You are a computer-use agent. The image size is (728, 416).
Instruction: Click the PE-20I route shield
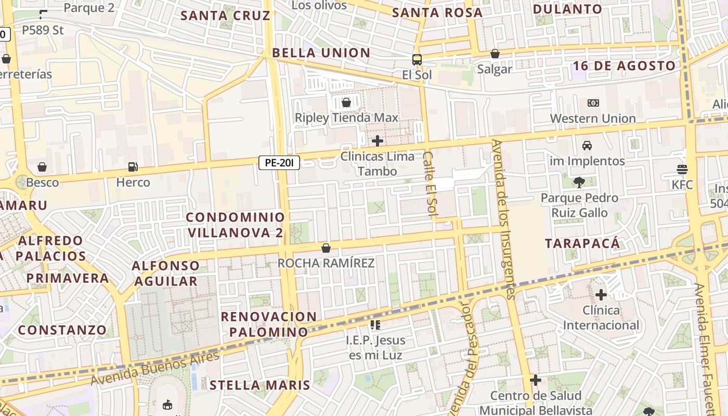[279, 163]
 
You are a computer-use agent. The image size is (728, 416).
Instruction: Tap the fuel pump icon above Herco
[133, 167]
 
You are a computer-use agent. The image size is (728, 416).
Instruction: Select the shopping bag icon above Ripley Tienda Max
[346, 102]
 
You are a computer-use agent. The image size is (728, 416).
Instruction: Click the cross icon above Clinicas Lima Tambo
[378, 140]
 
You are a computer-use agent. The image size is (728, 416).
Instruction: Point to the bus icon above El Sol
[417, 59]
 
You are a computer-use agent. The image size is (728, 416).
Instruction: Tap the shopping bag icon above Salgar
[495, 54]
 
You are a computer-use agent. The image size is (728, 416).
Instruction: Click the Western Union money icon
[593, 103]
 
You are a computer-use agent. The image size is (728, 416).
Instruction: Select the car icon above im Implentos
[587, 146]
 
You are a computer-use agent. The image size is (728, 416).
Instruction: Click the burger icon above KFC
[682, 169]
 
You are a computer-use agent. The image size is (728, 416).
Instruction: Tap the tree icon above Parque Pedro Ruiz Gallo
[579, 182]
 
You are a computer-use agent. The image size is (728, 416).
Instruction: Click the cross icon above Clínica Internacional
[601, 295]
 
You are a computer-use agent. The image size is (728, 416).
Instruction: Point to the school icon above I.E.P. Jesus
[375, 325]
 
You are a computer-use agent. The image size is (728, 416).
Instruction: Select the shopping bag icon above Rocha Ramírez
[326, 248]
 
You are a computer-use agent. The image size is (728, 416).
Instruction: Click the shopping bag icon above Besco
[42, 167]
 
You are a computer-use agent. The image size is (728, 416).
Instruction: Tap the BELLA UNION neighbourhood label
[321, 53]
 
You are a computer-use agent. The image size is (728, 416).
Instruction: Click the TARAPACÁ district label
[582, 243]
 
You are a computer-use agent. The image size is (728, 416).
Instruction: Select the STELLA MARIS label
[259, 385]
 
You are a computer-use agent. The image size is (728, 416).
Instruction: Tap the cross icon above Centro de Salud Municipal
[536, 380]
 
